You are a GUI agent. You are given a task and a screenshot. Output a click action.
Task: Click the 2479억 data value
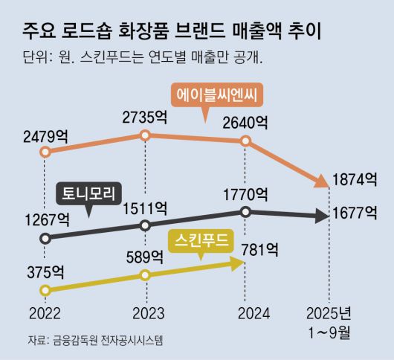coord(46,136)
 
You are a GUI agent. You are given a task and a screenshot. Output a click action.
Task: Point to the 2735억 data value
coord(146,118)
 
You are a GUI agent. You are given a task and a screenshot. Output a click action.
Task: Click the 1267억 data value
coord(47,220)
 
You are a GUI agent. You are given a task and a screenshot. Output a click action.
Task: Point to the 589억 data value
coord(145,257)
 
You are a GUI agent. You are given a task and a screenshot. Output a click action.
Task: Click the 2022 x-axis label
coord(45,313)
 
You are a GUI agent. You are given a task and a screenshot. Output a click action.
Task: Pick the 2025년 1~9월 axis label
coord(329,321)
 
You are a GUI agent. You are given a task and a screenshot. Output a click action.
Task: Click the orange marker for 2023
coord(145,135)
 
